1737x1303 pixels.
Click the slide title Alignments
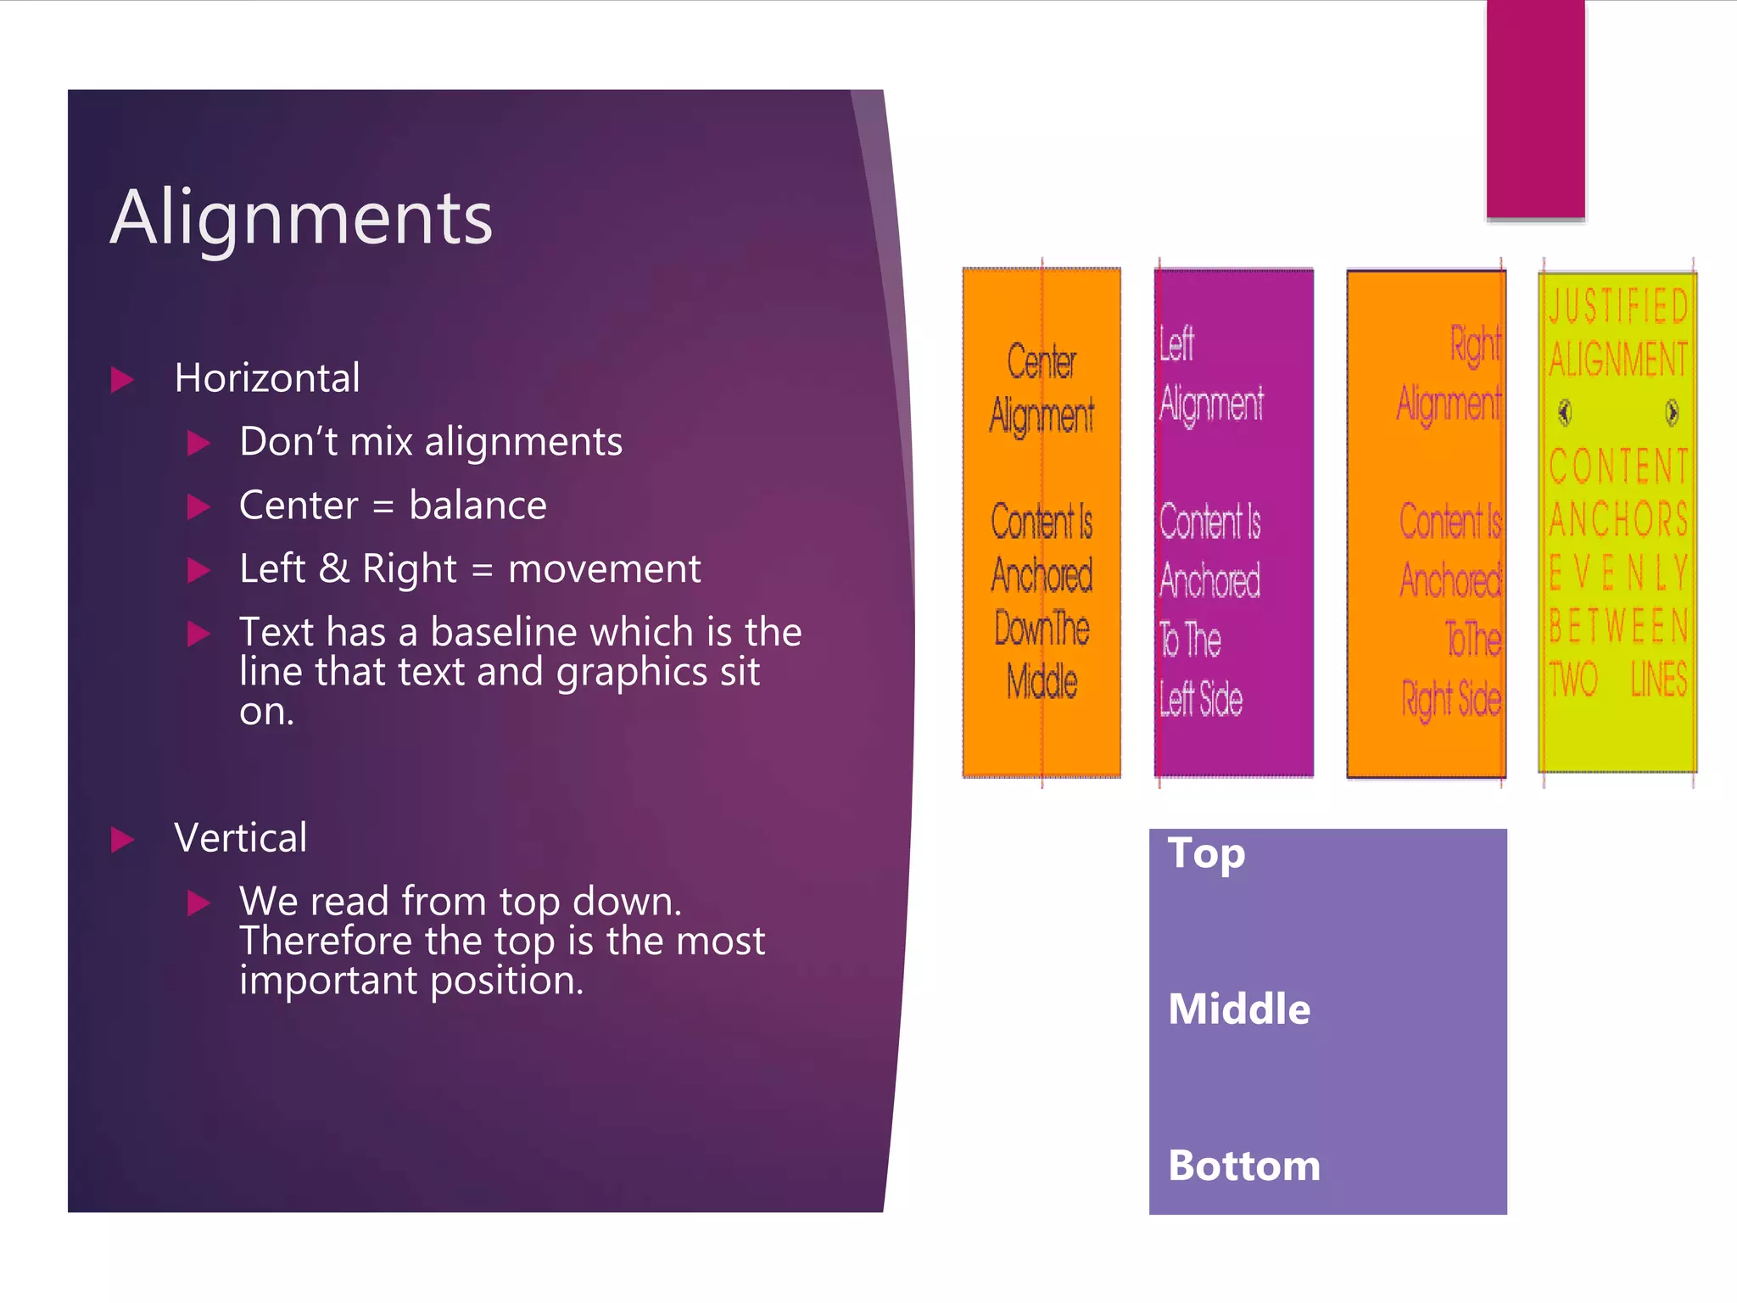301,218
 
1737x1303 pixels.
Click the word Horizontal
267,377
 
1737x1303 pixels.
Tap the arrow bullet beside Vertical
123,840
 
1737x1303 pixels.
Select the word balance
478,506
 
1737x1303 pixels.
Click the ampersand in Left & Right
333,568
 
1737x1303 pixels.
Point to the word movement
604,568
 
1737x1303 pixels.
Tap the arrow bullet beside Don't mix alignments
198,443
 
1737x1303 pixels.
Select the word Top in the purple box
1206,853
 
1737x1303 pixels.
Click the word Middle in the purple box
1239,1009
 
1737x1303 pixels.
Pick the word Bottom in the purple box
1244,1166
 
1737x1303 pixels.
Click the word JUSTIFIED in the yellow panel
1618,306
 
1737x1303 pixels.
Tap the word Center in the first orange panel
1042,361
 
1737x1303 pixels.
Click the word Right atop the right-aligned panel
1475,344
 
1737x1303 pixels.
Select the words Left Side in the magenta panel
1201,699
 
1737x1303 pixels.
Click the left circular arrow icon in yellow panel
1565,413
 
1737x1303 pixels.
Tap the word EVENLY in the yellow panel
1618,573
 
